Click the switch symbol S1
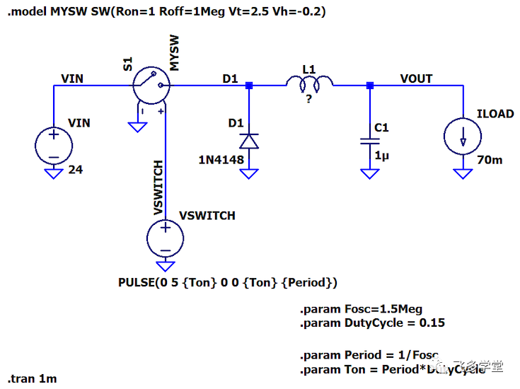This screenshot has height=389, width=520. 152,86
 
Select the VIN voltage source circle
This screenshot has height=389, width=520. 54,146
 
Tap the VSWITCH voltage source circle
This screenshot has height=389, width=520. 166,238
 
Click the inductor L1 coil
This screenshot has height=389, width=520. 309,85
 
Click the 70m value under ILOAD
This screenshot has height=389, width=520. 490,160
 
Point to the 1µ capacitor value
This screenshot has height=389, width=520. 382,155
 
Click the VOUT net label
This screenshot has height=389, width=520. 416,79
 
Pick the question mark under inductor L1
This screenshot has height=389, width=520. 308,100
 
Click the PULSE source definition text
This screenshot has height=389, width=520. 227,282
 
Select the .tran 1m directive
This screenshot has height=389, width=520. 33,378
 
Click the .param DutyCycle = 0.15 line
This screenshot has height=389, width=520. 372,323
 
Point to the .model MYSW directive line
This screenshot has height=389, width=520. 166,12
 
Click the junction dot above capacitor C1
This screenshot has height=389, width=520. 369,86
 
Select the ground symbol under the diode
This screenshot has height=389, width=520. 248,173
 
